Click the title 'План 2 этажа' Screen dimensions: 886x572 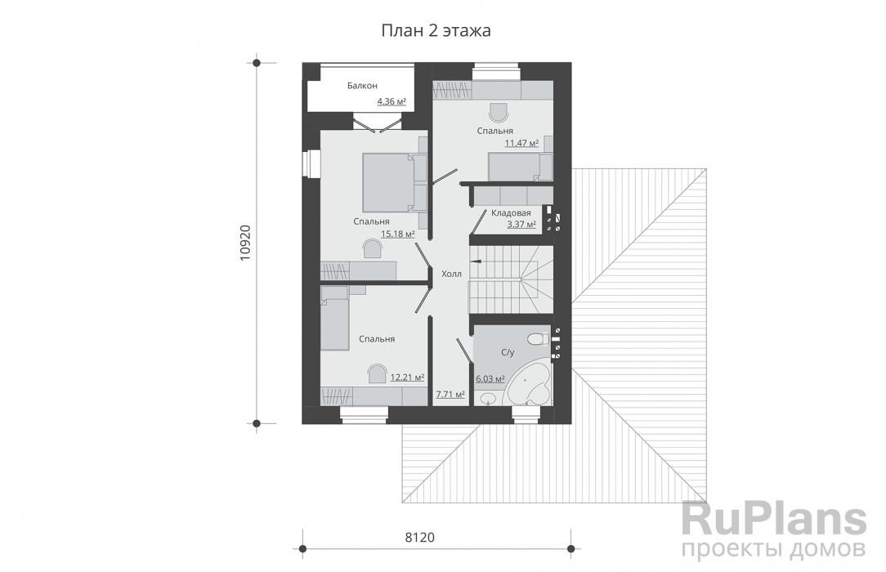(x=436, y=30)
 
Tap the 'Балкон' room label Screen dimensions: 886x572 (x=362, y=86)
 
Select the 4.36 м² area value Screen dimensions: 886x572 (x=392, y=101)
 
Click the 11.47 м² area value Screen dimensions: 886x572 (x=521, y=143)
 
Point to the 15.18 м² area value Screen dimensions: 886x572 (x=398, y=233)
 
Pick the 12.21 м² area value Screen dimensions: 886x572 (x=407, y=378)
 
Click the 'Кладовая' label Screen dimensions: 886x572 (x=511, y=213)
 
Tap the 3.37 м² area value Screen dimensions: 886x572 (x=521, y=224)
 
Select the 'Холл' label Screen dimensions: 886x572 (x=451, y=274)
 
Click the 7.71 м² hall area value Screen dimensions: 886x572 (x=450, y=394)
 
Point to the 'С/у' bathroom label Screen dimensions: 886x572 (x=508, y=353)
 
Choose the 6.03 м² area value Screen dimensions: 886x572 (x=490, y=379)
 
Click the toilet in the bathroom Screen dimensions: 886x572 (x=537, y=339)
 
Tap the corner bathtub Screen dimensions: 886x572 (x=528, y=384)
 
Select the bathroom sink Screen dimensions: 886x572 (x=486, y=400)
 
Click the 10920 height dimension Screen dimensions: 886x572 (x=245, y=243)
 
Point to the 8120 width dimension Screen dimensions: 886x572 (x=420, y=537)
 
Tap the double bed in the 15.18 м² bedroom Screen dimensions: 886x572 (x=389, y=182)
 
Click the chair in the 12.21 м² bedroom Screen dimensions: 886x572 (x=376, y=373)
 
